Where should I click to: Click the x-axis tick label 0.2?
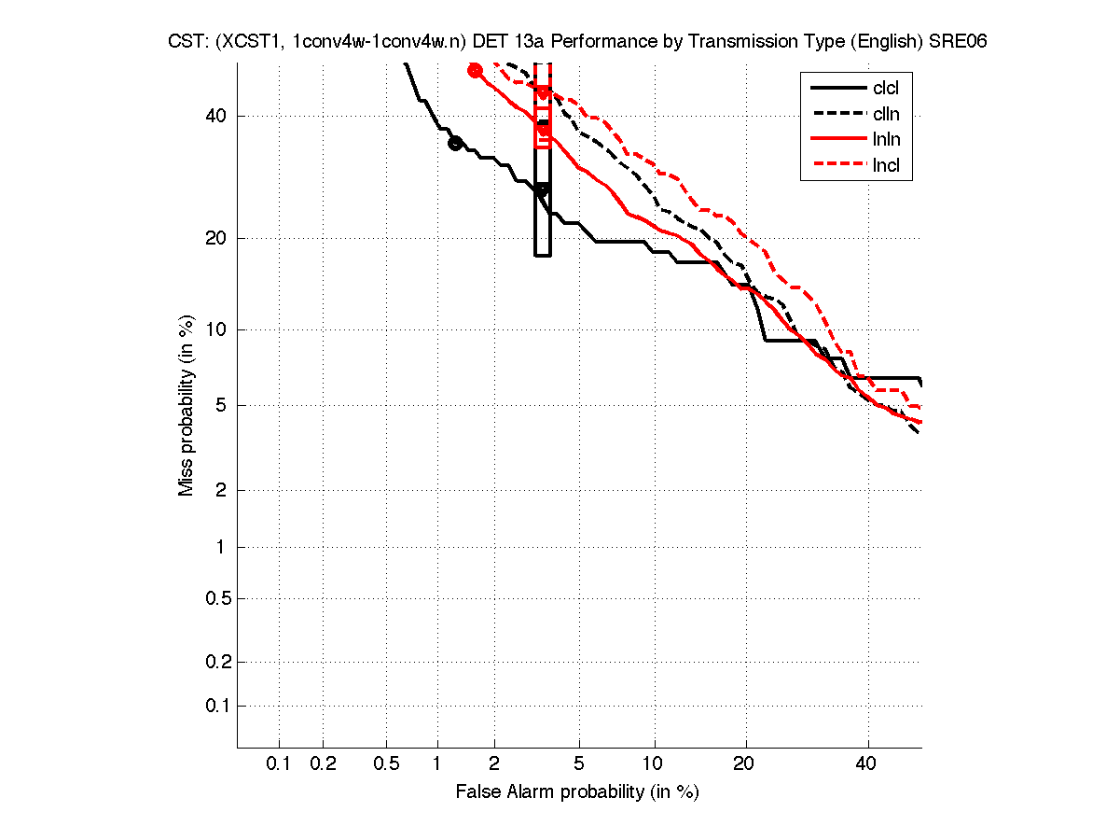pos(323,764)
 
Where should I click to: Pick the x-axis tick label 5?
pos(580,764)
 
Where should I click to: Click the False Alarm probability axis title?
pos(577,792)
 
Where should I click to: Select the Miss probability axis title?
pos(187,406)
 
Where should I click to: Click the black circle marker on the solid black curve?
pos(455,143)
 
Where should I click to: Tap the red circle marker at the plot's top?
pos(475,70)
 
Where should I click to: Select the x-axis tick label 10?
pos(654,764)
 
